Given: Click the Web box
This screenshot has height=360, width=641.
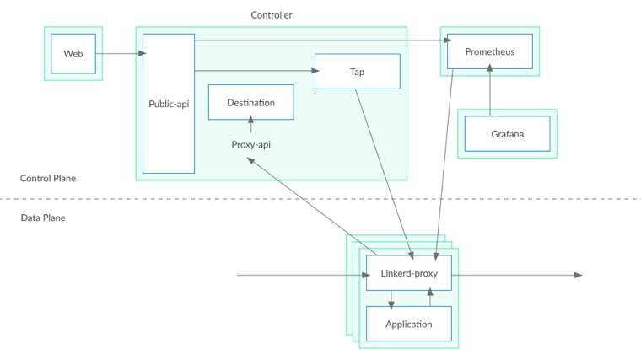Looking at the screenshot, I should click(x=73, y=54).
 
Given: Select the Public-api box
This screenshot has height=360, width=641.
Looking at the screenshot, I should click(x=169, y=104).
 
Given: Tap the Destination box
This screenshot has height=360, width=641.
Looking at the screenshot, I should click(x=250, y=102).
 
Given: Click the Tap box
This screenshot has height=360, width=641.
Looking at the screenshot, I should click(x=357, y=72).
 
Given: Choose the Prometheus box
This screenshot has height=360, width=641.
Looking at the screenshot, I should click(x=489, y=51).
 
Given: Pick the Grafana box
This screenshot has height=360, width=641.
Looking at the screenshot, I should click(x=507, y=133).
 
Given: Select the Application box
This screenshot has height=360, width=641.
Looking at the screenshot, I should click(x=409, y=324).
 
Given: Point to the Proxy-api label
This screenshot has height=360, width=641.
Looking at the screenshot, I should click(x=250, y=144).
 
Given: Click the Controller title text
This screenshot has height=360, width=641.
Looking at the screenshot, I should click(x=272, y=15).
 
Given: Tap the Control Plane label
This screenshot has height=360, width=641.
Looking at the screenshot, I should click(x=48, y=178).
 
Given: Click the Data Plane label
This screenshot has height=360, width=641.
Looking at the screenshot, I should click(x=43, y=218).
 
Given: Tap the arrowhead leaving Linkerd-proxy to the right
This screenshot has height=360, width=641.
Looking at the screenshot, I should click(x=578, y=275).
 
